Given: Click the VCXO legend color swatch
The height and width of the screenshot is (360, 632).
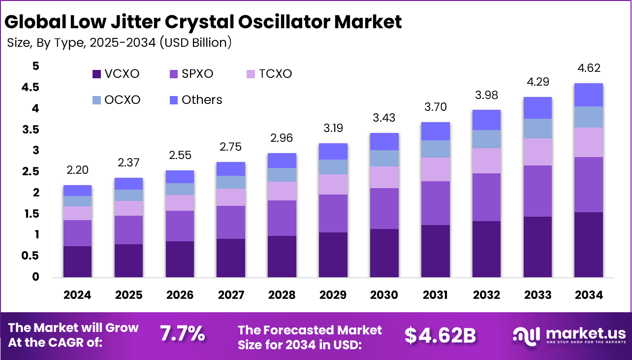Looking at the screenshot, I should click(x=97, y=74).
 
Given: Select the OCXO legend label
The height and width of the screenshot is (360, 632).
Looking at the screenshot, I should click(x=122, y=100).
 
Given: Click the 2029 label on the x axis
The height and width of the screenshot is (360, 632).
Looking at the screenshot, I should click(x=333, y=295).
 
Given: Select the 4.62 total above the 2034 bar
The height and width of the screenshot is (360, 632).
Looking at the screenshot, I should click(x=589, y=68).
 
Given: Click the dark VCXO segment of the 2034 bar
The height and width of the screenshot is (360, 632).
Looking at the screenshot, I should click(x=589, y=245).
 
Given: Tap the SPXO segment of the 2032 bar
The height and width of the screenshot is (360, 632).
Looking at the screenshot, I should click(x=486, y=197).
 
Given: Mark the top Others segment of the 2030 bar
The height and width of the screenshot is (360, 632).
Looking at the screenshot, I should click(x=384, y=141).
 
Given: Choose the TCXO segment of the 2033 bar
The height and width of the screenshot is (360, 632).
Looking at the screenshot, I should click(x=537, y=152).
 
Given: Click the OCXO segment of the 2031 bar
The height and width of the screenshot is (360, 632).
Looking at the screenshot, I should click(x=435, y=149).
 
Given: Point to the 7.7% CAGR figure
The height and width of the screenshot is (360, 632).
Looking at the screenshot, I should click(x=182, y=334).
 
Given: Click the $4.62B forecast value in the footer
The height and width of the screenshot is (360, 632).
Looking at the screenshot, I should click(x=440, y=335).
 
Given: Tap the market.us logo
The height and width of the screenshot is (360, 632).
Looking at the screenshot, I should click(x=569, y=335).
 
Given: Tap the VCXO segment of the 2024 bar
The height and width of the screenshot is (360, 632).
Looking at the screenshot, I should click(x=78, y=262).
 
